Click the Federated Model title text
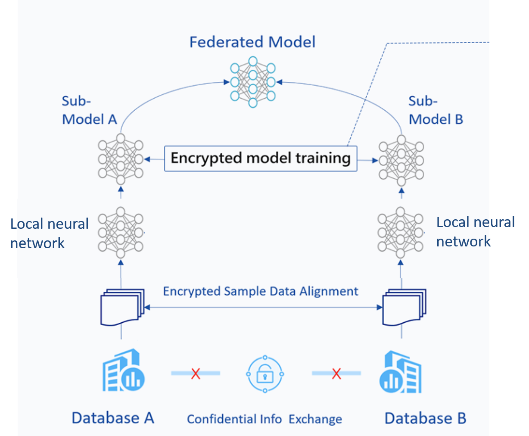pos(252,42)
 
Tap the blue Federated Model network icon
pos(253,82)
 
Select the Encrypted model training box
pos(261,159)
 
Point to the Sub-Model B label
pos(436,110)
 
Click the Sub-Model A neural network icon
pos(121,159)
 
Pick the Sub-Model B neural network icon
pos(401,160)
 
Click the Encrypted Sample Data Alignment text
pos(260,292)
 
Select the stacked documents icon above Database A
pos(122,307)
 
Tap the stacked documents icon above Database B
pos(404,307)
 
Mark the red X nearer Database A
pos(196,373)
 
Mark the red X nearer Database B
pos(336,373)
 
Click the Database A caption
pos(113,418)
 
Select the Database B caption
pos(425,418)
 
